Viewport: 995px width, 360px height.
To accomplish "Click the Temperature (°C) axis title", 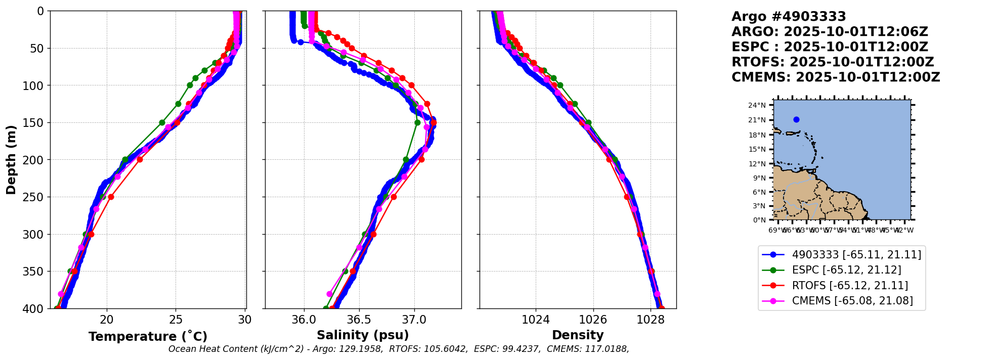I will click(148, 336).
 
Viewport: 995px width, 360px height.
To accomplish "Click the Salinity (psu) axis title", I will click(363, 335).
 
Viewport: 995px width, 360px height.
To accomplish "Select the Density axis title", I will click(578, 335).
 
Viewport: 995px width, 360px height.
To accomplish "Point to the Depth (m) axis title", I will click(11, 160).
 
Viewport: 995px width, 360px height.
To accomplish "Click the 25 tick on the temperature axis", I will click(176, 320).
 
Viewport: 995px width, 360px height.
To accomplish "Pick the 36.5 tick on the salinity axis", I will click(359, 320).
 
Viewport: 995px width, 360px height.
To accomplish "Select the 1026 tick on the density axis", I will click(593, 320).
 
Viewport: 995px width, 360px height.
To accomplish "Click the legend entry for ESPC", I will click(846, 270).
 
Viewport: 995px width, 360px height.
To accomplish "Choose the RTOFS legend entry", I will click(850, 286).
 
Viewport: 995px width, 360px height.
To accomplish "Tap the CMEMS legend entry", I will click(852, 301).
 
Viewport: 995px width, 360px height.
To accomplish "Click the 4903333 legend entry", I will click(856, 254).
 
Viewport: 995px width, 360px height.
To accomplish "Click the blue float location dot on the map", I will click(796, 120).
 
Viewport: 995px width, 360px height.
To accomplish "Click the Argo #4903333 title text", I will click(789, 17).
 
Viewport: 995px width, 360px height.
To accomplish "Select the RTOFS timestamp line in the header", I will click(833, 62).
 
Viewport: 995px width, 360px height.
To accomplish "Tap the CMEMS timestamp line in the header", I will click(836, 77).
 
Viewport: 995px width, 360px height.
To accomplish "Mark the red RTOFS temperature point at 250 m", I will click(111, 197).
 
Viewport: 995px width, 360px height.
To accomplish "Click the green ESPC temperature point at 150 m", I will click(162, 122).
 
